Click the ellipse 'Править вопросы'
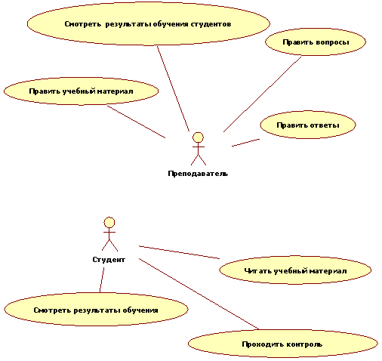click(316, 42)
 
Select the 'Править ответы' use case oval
click(308, 125)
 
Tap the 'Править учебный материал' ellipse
click(81, 91)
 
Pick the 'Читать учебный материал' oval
click(295, 270)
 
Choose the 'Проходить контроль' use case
click(283, 344)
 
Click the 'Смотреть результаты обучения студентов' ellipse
click(149, 23)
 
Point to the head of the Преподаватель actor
click(198, 137)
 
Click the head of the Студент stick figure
click(109, 223)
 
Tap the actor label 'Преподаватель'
click(198, 174)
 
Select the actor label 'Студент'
click(109, 260)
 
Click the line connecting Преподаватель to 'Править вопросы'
click(262, 94)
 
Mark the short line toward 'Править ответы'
click(245, 143)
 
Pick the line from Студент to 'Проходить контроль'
click(199, 294)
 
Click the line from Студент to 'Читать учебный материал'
click(179, 252)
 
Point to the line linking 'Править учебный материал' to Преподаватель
click(136, 122)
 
